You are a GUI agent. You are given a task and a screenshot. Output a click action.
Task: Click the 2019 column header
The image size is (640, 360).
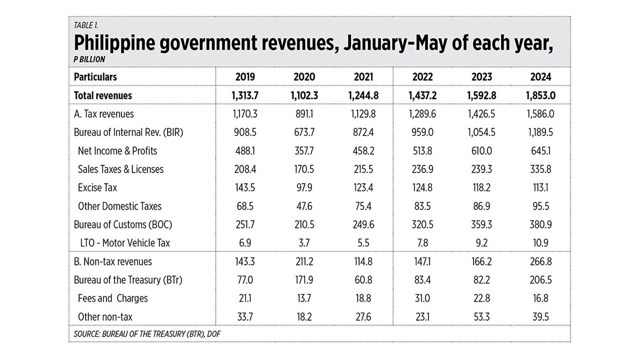click(x=244, y=77)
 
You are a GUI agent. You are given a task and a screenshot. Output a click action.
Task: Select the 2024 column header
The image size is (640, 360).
click(x=540, y=77)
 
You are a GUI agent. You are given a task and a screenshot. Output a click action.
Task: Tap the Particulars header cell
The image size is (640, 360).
click(x=95, y=77)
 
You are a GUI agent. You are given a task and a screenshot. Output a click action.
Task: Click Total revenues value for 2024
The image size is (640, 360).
click(x=540, y=95)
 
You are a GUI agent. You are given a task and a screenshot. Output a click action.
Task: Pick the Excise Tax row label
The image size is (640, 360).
click(x=97, y=187)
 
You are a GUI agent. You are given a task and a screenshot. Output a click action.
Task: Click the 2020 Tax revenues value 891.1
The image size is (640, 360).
click(x=304, y=114)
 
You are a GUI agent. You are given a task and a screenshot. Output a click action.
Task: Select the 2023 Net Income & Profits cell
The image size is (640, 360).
click(x=481, y=151)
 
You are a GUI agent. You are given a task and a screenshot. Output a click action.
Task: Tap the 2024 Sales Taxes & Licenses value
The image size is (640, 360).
click(x=540, y=169)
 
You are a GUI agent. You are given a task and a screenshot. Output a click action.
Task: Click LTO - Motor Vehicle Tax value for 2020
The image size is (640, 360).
click(x=304, y=243)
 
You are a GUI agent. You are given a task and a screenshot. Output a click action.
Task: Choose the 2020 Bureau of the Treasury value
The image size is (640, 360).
click(x=304, y=280)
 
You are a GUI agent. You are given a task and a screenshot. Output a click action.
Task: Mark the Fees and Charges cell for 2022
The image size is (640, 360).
click(x=422, y=298)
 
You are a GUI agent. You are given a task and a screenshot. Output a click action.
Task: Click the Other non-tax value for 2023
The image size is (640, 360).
click(x=481, y=317)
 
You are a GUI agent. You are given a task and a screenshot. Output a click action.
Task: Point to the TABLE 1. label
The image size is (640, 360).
click(x=85, y=25)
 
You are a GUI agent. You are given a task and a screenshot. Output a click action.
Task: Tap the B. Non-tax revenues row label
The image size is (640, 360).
click(x=112, y=261)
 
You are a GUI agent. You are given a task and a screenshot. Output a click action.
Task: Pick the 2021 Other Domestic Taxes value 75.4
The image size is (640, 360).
click(x=363, y=206)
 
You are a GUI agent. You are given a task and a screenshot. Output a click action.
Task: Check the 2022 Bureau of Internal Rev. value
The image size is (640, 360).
click(x=422, y=132)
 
